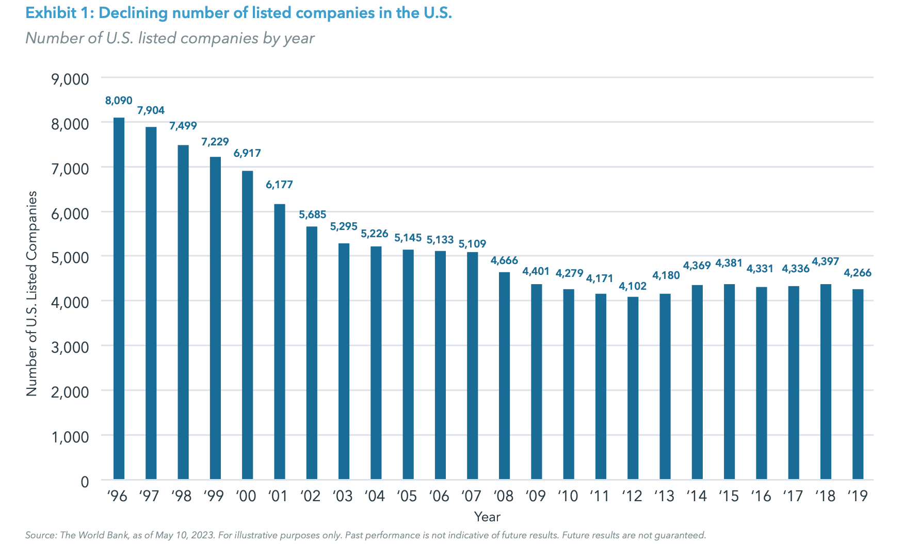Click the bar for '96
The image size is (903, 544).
tap(119, 299)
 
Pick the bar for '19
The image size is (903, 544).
tap(858, 384)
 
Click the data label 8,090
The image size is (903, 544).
tap(119, 101)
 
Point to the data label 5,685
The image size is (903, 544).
tap(312, 215)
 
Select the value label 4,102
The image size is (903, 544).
tap(633, 286)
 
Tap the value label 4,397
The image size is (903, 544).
tap(826, 261)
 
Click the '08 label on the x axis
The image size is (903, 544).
tap(504, 496)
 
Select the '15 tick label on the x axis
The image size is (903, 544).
tap(729, 496)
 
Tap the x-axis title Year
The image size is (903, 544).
tap(487, 517)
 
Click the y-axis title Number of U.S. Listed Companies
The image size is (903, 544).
tap(32, 294)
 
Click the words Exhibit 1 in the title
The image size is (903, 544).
tap(57, 13)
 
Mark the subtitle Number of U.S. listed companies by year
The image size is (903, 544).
tap(170, 38)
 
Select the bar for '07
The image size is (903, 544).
tap(472, 366)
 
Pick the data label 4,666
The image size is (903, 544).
tap(504, 260)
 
